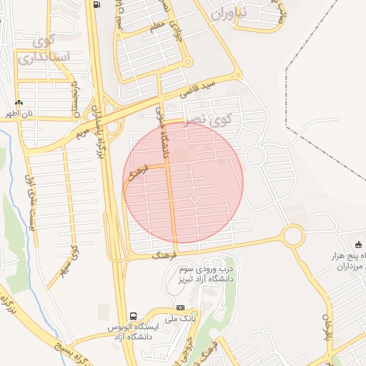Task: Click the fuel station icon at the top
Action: pos(97,4)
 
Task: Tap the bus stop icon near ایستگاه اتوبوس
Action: pos(134,316)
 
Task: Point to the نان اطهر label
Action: pos(21,113)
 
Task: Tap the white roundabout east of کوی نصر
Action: pos(255,155)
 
